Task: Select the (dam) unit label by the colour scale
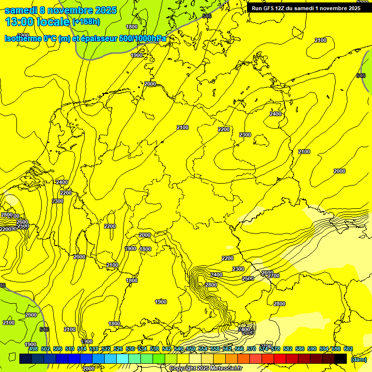359,359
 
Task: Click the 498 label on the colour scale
33,349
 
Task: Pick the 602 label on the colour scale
348,349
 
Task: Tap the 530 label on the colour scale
130,349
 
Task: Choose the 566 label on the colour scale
239,349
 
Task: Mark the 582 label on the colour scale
288,349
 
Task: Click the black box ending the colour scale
341,358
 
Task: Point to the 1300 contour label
87,341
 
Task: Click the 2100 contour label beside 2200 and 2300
182,127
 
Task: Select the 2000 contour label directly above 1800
145,235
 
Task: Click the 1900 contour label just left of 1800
130,248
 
